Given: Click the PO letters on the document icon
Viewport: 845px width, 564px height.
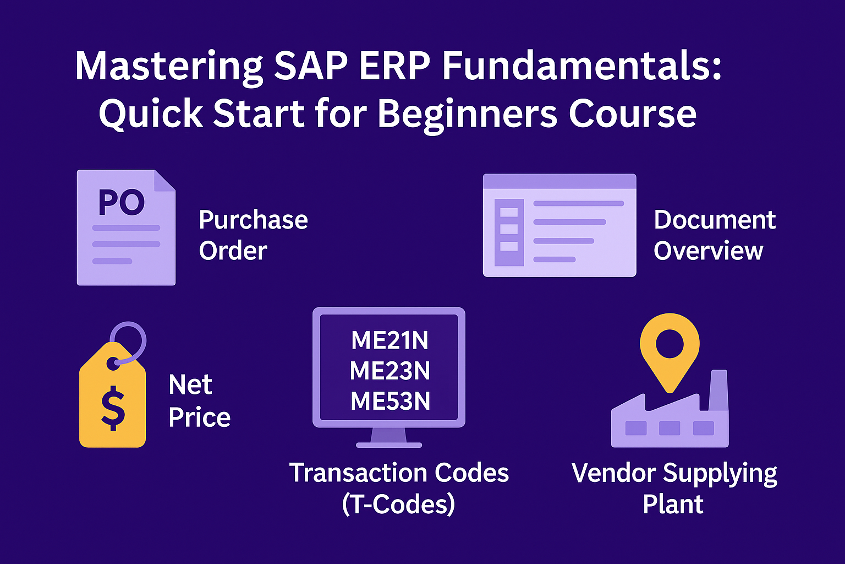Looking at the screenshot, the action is (x=122, y=203).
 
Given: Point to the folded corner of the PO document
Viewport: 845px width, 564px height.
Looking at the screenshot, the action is (x=165, y=181).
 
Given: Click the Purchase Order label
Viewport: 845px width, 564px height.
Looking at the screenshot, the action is (x=253, y=235).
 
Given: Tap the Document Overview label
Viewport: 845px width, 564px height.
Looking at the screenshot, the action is (x=715, y=235).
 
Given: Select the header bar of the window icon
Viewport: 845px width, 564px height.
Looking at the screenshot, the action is (x=559, y=181).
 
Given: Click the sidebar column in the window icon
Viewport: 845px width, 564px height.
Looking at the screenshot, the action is (x=509, y=232).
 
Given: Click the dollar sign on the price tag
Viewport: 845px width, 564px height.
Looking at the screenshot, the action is (x=113, y=408).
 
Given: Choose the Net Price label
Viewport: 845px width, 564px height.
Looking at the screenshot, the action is (x=199, y=401).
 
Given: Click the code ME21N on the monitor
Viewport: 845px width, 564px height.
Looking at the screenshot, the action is (x=389, y=340).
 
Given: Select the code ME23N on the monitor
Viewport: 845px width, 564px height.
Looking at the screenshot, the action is (x=389, y=371).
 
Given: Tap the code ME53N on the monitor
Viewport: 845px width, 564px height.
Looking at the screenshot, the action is (x=390, y=401).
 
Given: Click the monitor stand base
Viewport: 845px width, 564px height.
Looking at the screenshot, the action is (x=389, y=445).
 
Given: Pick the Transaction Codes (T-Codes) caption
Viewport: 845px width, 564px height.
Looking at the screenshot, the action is (x=399, y=488).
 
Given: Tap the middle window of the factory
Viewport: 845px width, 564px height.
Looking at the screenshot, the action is (x=670, y=428).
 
